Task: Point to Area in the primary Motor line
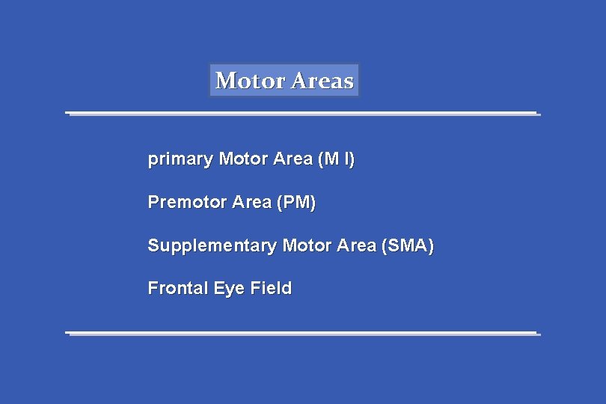[293, 159]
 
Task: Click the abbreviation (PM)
[296, 202]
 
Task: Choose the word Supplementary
[212, 245]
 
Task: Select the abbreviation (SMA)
[407, 245]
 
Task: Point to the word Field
[271, 288]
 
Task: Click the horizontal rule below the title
[302, 114]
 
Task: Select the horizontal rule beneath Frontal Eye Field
[302, 333]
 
